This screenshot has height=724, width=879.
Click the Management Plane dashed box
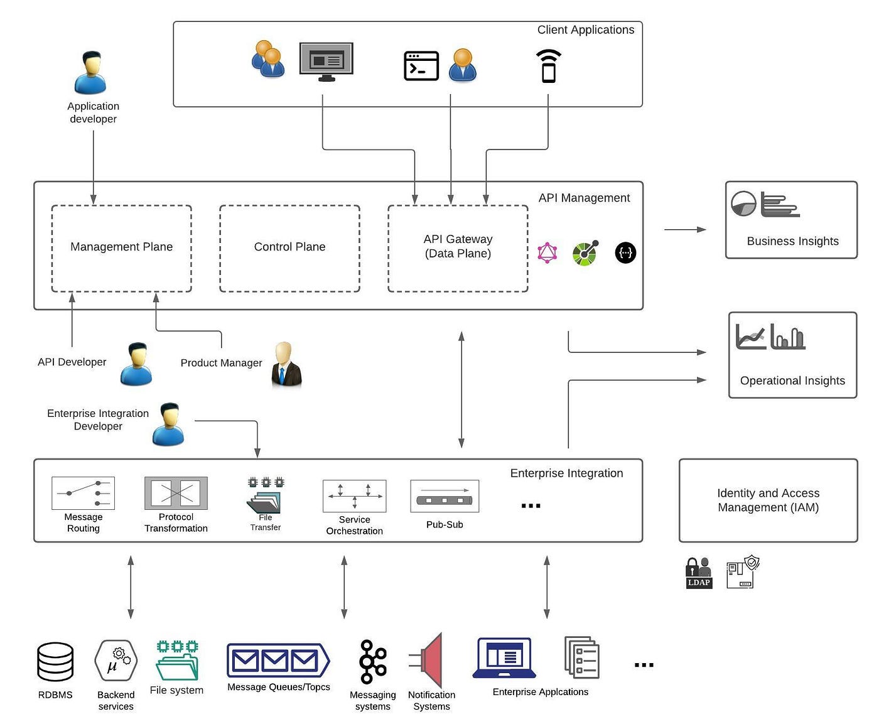click(121, 248)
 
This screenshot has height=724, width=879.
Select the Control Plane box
click(289, 248)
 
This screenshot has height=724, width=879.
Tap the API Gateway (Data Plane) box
click(458, 248)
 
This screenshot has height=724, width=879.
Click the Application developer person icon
click(90, 73)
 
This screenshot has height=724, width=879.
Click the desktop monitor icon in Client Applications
click(326, 62)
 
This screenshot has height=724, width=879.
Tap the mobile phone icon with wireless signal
click(548, 67)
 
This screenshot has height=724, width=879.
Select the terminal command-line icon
click(421, 66)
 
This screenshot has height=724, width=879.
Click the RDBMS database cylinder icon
click(55, 662)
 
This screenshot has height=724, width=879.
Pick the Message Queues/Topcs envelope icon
click(278, 661)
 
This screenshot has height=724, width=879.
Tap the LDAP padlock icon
click(698, 572)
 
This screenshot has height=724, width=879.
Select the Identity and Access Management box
click(768, 500)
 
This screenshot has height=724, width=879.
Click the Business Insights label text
click(792, 241)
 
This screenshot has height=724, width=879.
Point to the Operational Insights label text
click(792, 381)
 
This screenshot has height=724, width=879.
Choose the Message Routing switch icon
click(83, 493)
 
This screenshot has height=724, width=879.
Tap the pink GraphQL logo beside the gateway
click(547, 253)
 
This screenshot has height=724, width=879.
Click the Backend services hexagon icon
click(116, 661)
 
